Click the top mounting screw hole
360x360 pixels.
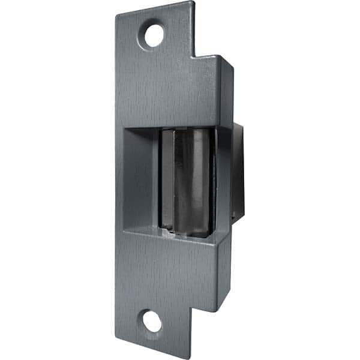click(x=154, y=35)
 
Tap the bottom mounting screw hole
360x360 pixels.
click(x=152, y=322)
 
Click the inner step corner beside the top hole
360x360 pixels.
click(x=193, y=57)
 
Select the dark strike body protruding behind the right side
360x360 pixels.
click(x=238, y=174)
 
